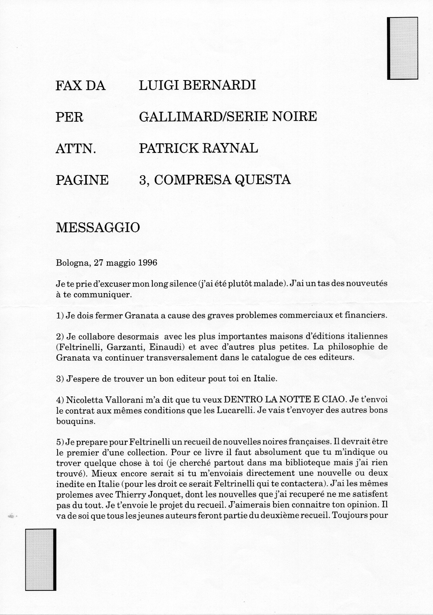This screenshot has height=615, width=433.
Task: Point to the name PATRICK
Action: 169,148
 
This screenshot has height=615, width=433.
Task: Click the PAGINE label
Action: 82,180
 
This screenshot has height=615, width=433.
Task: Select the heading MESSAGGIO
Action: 98,227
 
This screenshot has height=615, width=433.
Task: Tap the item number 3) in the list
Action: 60,379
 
